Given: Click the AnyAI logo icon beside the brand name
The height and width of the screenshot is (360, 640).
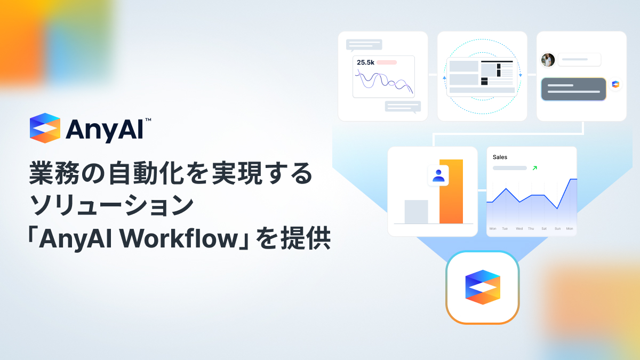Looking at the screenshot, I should coord(45,128).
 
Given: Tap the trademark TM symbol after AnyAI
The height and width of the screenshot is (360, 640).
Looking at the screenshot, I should coord(148,121).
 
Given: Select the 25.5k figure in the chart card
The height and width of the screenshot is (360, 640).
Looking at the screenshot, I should coord(365,62).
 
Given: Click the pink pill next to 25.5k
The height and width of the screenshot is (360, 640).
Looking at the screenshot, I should coord(387,62).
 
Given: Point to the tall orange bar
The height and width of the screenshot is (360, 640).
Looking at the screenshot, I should coord(451,191).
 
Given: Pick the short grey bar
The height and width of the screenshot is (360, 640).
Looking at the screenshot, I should coord(416,212).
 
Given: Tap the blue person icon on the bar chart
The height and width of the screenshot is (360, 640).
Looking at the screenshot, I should coord(438,175).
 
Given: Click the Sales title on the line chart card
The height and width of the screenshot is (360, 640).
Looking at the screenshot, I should coord(500,157).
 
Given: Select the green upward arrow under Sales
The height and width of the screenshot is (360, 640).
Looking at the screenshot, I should coord(534,168).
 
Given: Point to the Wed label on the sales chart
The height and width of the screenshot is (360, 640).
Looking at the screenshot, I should coord(519,229).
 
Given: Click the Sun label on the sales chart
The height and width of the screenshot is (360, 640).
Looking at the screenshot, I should coord(557,229).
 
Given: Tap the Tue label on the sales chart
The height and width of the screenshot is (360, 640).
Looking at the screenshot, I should coord(505,229).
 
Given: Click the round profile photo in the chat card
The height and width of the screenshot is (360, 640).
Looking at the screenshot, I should coord(548,60).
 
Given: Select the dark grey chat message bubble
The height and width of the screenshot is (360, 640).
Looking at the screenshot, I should coord(573,89).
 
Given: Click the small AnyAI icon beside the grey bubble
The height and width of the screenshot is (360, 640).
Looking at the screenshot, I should coord(615,84).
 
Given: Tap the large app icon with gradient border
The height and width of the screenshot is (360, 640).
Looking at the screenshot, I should coord(482,287).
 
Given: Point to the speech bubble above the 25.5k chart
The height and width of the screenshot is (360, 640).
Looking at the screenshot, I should coord(364,45).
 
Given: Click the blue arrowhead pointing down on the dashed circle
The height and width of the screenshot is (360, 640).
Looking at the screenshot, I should coord(520,75).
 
